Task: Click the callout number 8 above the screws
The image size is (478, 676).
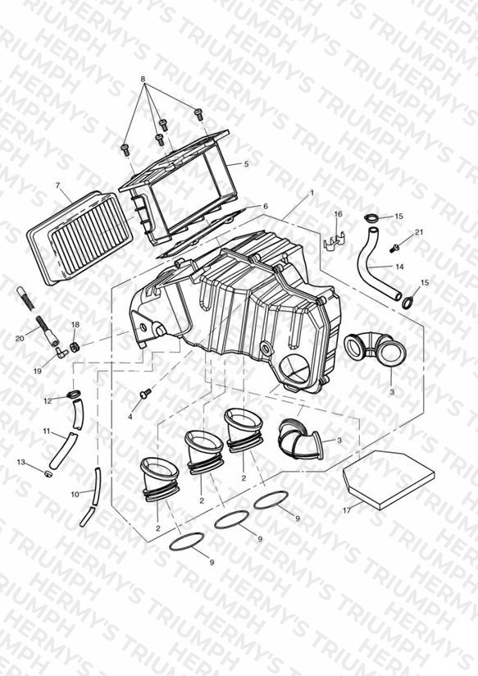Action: pyautogui.click(x=143, y=80)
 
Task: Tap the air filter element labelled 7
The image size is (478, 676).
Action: pyautogui.click(x=80, y=238)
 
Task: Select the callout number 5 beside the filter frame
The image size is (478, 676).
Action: pyautogui.click(x=246, y=164)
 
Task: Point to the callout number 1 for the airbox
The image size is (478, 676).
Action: pyautogui.click(x=312, y=194)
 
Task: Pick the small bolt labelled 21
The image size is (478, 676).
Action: pyautogui.click(x=394, y=249)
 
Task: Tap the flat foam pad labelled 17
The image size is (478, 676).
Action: pyautogui.click(x=388, y=479)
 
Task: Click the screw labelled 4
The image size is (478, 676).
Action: pyautogui.click(x=145, y=393)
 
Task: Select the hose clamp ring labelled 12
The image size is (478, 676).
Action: pyautogui.click(x=74, y=394)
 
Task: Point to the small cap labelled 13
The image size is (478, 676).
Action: pyautogui.click(x=48, y=474)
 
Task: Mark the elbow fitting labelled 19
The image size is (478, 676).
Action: pyautogui.click(x=61, y=354)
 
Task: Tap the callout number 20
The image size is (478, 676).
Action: pyautogui.click(x=20, y=339)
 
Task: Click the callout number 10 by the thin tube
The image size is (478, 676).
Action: pyautogui.click(x=75, y=494)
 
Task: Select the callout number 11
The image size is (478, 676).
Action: pyautogui.click(x=47, y=430)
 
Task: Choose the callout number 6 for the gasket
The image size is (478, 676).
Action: pyautogui.click(x=266, y=206)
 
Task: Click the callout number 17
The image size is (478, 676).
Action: pyautogui.click(x=347, y=510)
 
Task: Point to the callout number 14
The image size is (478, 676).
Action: pyautogui.click(x=399, y=267)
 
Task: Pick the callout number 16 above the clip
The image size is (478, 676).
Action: pyautogui.click(x=338, y=214)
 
